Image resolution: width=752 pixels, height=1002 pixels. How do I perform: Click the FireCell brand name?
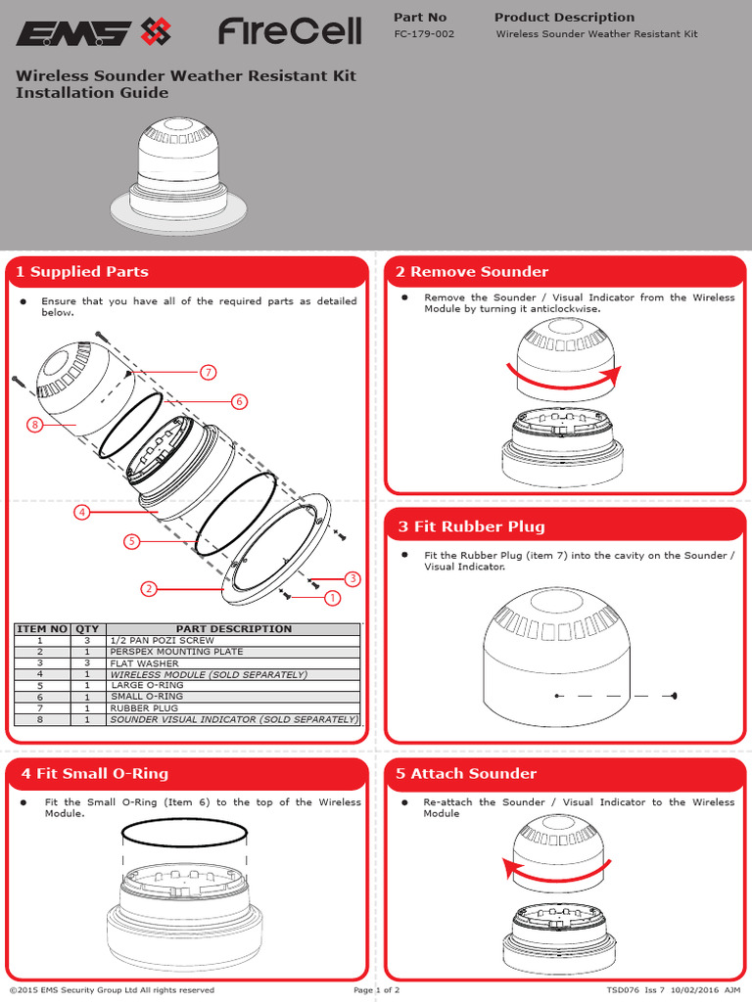[290, 32]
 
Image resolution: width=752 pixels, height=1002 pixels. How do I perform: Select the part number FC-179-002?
[424, 34]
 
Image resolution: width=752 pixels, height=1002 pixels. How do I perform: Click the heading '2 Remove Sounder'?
[472, 272]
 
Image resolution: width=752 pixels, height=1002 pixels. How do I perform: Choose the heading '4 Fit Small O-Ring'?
[94, 774]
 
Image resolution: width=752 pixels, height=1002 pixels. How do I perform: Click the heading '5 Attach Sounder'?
[466, 774]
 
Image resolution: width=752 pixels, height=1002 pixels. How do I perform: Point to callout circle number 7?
[208, 372]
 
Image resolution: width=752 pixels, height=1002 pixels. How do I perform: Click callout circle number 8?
[35, 425]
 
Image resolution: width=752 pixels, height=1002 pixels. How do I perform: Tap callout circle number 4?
[82, 512]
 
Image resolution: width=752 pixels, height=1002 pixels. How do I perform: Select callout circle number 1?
[332, 597]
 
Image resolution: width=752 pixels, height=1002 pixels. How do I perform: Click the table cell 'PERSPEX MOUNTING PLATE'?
[177, 652]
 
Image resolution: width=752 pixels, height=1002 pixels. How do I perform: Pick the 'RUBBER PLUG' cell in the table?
[144, 707]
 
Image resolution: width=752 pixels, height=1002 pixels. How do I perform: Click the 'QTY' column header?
[87, 629]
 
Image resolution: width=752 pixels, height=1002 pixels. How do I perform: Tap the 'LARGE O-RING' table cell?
[148, 685]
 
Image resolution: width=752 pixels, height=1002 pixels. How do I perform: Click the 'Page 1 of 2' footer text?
[376, 990]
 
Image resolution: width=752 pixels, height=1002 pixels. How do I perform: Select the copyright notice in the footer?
[112, 990]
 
